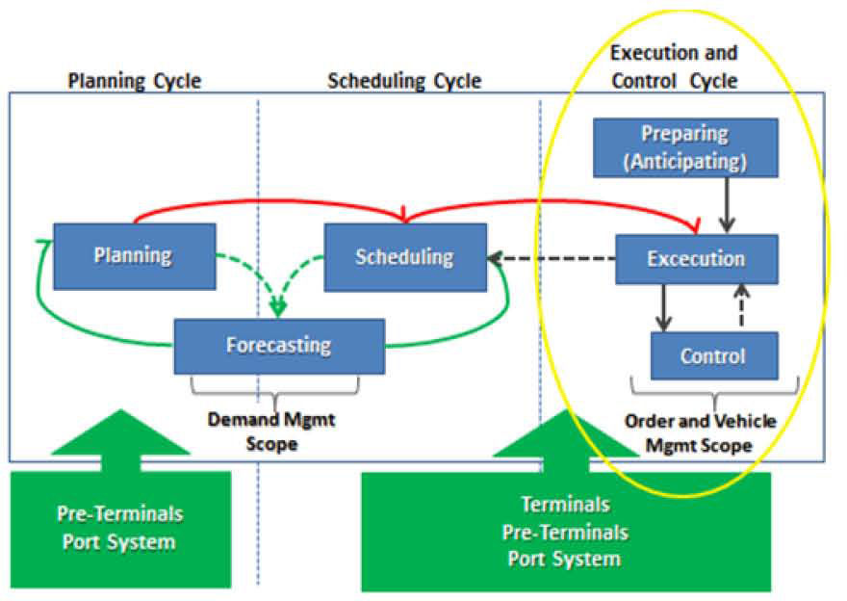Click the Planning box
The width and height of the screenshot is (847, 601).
(x=135, y=256)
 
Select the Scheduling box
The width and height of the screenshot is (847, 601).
(x=405, y=257)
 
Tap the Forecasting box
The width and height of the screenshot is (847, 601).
(x=279, y=347)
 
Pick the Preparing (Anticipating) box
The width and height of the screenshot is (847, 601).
(x=685, y=147)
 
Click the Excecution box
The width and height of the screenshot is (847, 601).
(x=697, y=259)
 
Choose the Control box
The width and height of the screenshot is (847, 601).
(x=714, y=355)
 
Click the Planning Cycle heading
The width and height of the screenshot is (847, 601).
(x=135, y=81)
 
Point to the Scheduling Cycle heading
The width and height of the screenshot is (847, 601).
(x=404, y=81)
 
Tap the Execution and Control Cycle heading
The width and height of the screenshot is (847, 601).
(x=674, y=66)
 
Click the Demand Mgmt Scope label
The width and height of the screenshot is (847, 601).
(x=271, y=431)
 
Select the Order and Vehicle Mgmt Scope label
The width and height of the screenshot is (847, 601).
(x=700, y=432)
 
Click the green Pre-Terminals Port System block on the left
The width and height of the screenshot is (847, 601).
(x=120, y=529)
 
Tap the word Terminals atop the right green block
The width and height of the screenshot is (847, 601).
(x=566, y=505)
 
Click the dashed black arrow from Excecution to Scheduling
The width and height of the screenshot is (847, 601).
(x=551, y=258)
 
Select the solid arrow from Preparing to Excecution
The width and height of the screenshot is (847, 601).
(x=727, y=205)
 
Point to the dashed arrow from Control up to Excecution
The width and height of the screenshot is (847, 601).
(x=742, y=305)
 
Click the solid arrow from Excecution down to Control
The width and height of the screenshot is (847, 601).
(x=663, y=307)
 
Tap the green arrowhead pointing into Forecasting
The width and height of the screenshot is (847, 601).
(x=278, y=309)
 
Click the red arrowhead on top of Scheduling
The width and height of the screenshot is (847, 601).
(x=404, y=215)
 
